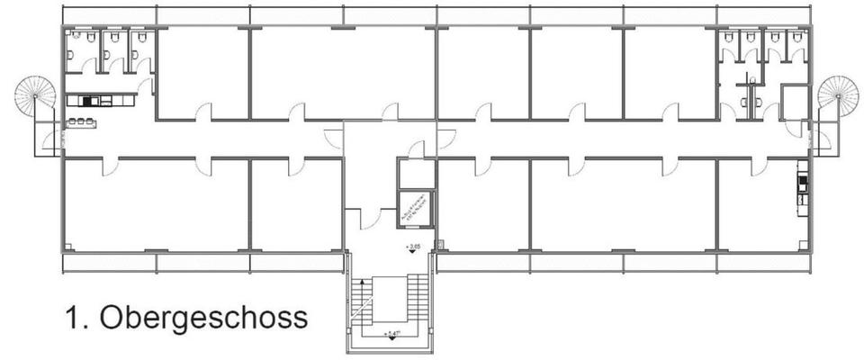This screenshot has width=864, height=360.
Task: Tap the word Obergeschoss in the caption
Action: tap(202, 319)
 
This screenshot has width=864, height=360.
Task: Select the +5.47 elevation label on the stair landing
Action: tap(390, 334)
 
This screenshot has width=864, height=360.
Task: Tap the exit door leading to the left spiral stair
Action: tap(56, 139)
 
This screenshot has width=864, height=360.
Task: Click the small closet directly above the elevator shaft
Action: tap(416, 174)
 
